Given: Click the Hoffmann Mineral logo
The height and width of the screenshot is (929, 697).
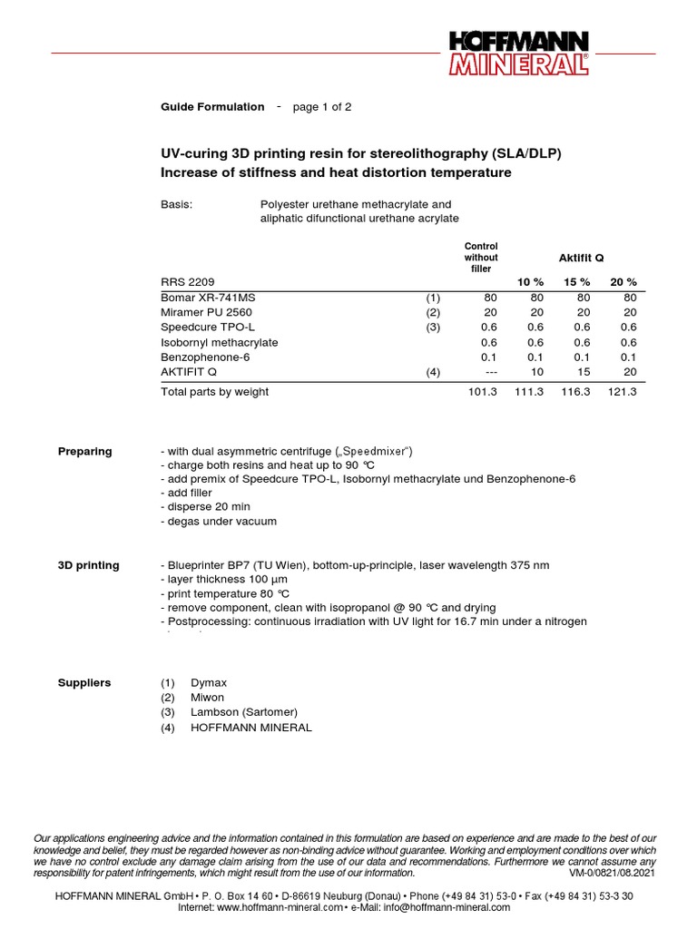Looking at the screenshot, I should [517, 54].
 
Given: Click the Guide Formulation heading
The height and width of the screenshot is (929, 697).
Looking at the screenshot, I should [212, 107].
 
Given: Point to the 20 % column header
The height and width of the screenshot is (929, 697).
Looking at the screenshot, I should [623, 281].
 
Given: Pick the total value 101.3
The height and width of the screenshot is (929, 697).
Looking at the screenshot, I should [482, 392].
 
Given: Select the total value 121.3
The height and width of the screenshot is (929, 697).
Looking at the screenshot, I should [623, 392].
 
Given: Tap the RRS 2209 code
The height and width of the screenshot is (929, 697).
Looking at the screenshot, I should [188, 281].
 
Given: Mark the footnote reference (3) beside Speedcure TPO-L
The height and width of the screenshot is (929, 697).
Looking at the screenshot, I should [433, 328].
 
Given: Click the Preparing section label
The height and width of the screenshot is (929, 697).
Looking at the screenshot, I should [85, 451].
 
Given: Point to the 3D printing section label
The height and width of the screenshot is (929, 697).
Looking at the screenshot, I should [88, 565].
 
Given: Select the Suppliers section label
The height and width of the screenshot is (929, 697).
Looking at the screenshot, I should [84, 682].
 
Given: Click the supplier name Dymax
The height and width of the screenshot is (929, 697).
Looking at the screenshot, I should [209, 682].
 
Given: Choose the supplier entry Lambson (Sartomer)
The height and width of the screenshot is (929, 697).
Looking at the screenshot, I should [243, 712].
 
